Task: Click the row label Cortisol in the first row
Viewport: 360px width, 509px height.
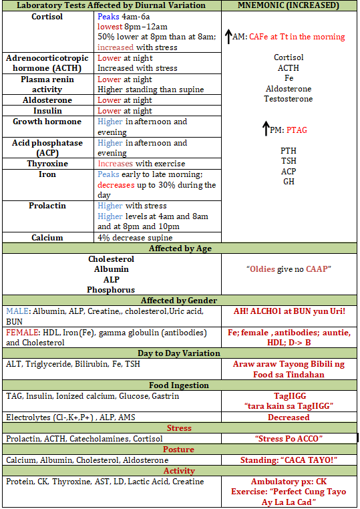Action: point(47,17)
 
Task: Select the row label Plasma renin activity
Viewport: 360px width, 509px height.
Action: point(47,84)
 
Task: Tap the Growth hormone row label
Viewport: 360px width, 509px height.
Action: point(47,122)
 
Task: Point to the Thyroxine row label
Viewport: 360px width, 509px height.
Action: point(47,164)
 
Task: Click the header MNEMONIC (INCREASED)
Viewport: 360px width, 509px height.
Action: point(289,5)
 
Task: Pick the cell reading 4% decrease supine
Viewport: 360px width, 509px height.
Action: point(135,238)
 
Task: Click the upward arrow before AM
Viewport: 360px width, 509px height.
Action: point(228,35)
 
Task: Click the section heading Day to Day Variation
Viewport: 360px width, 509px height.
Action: point(178,353)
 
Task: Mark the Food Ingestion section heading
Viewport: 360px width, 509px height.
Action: point(178,385)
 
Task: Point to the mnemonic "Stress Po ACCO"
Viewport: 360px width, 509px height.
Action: point(289,439)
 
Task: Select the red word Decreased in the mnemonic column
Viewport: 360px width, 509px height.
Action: point(289,417)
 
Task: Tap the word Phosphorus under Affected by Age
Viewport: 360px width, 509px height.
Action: point(111,290)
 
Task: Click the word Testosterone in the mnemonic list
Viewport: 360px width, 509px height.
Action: point(289,99)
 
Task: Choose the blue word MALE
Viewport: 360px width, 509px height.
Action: point(17,311)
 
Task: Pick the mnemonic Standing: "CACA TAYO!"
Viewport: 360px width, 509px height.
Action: point(289,460)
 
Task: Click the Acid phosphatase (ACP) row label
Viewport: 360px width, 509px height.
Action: point(47,148)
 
